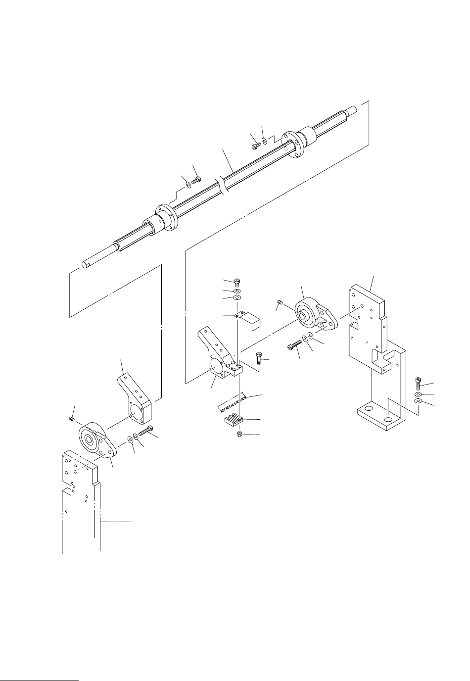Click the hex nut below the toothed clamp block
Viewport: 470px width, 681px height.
(238, 434)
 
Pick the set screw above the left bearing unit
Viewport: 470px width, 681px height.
(72, 419)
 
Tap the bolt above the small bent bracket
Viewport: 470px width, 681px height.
(236, 283)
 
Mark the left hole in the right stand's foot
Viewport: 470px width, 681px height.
(368, 411)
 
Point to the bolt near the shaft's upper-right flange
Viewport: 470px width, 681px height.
(255, 145)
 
